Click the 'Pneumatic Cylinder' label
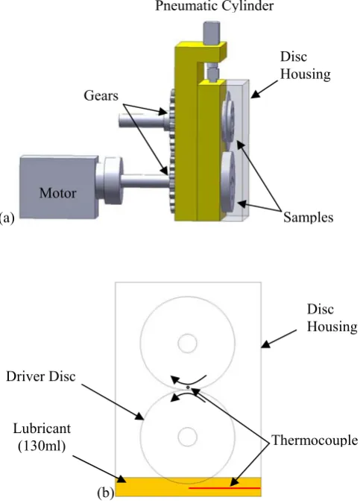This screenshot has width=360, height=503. click(x=215, y=6)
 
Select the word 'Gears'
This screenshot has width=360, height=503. click(x=101, y=95)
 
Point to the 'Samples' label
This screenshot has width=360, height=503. click(x=308, y=217)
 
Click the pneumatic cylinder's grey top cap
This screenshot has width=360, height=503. click(x=212, y=33)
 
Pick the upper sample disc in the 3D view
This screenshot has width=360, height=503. click(x=227, y=119)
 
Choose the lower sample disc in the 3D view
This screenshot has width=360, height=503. click(x=228, y=182)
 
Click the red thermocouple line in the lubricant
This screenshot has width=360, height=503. click(x=224, y=488)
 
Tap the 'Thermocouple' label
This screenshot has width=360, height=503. click(x=315, y=440)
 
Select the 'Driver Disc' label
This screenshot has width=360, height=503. click(x=41, y=376)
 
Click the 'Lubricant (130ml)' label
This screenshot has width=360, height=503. click(x=42, y=437)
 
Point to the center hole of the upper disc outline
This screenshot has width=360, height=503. click(x=187, y=344)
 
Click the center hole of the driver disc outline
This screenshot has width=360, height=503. click(x=187, y=437)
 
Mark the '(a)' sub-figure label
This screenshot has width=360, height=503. click(x=7, y=218)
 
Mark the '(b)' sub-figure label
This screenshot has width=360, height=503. click(x=106, y=493)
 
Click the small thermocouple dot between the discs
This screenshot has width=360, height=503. click(x=188, y=387)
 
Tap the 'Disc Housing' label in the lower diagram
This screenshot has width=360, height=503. click(x=332, y=318)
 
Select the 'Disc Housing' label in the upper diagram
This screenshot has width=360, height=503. click(x=305, y=65)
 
